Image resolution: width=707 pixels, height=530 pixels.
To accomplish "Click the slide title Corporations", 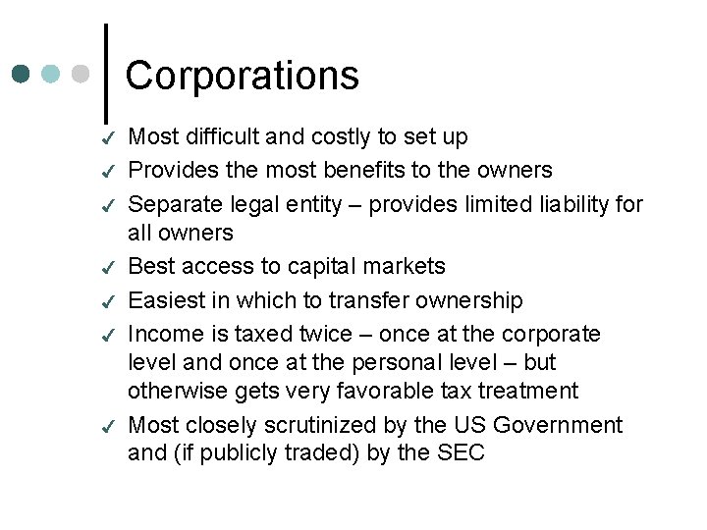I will point(243,76).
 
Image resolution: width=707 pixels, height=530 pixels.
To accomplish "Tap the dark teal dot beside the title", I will point(22,74).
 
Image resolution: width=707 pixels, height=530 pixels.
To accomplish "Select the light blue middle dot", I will point(51,74).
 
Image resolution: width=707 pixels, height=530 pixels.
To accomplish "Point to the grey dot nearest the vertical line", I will point(81,74).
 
